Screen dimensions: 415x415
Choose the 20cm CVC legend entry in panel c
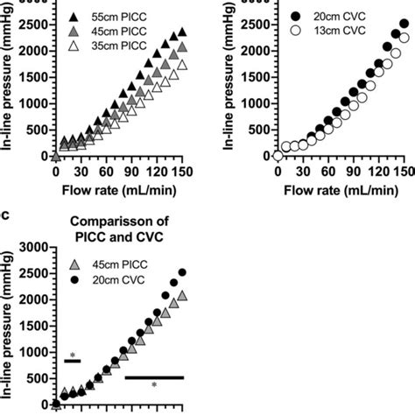point(109,282)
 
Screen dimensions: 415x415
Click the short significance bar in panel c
point(73,361)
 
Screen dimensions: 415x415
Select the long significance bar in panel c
point(154,377)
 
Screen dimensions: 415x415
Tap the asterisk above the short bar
point(73,355)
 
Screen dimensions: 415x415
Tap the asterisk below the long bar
point(154,386)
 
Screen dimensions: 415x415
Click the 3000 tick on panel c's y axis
point(31,248)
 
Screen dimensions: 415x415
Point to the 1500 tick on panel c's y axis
point(31,326)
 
